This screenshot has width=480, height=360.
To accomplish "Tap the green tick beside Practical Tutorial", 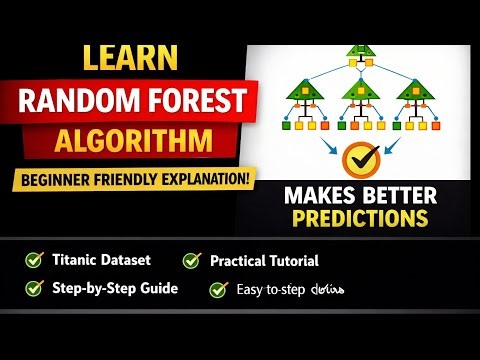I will [191, 261].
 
